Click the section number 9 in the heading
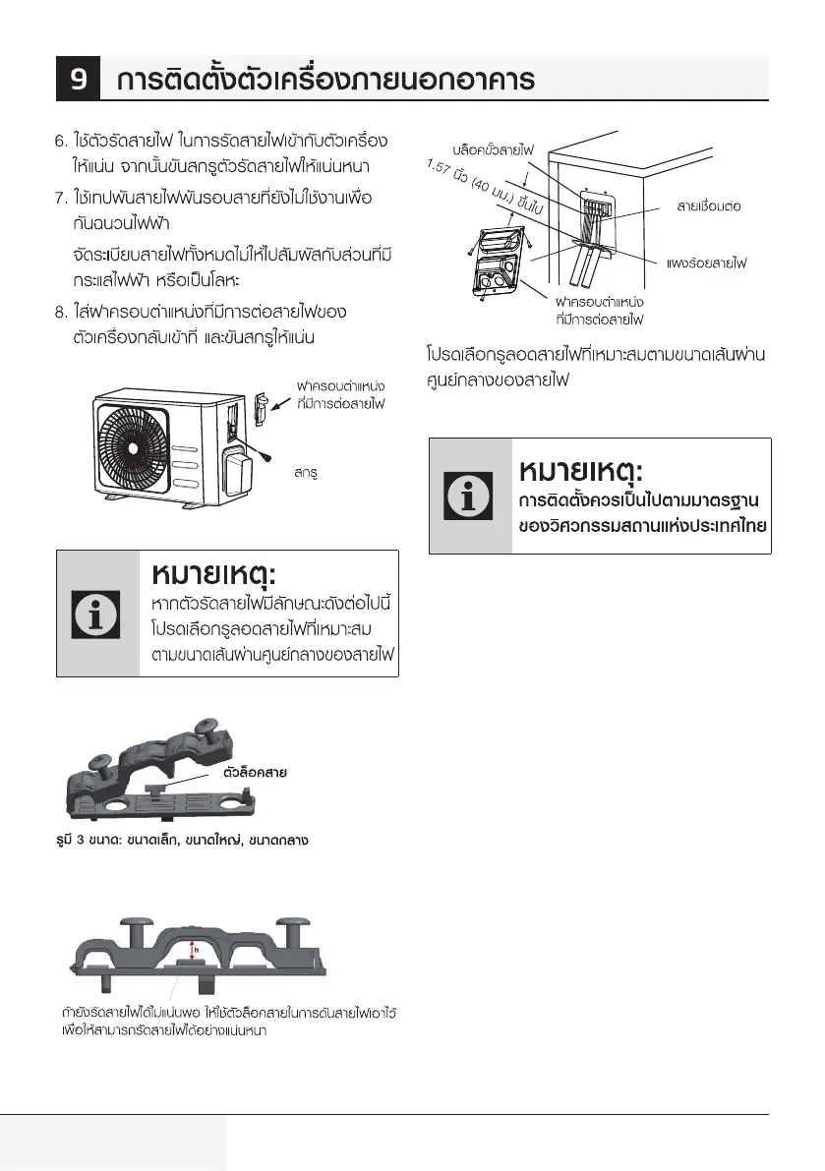click(x=79, y=78)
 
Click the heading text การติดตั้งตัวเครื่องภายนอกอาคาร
click(x=325, y=79)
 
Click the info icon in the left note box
click(x=97, y=614)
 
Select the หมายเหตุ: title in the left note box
click(x=214, y=573)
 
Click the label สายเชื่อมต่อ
click(x=708, y=206)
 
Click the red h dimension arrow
click(x=193, y=950)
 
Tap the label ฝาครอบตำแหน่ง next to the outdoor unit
click(x=340, y=384)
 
